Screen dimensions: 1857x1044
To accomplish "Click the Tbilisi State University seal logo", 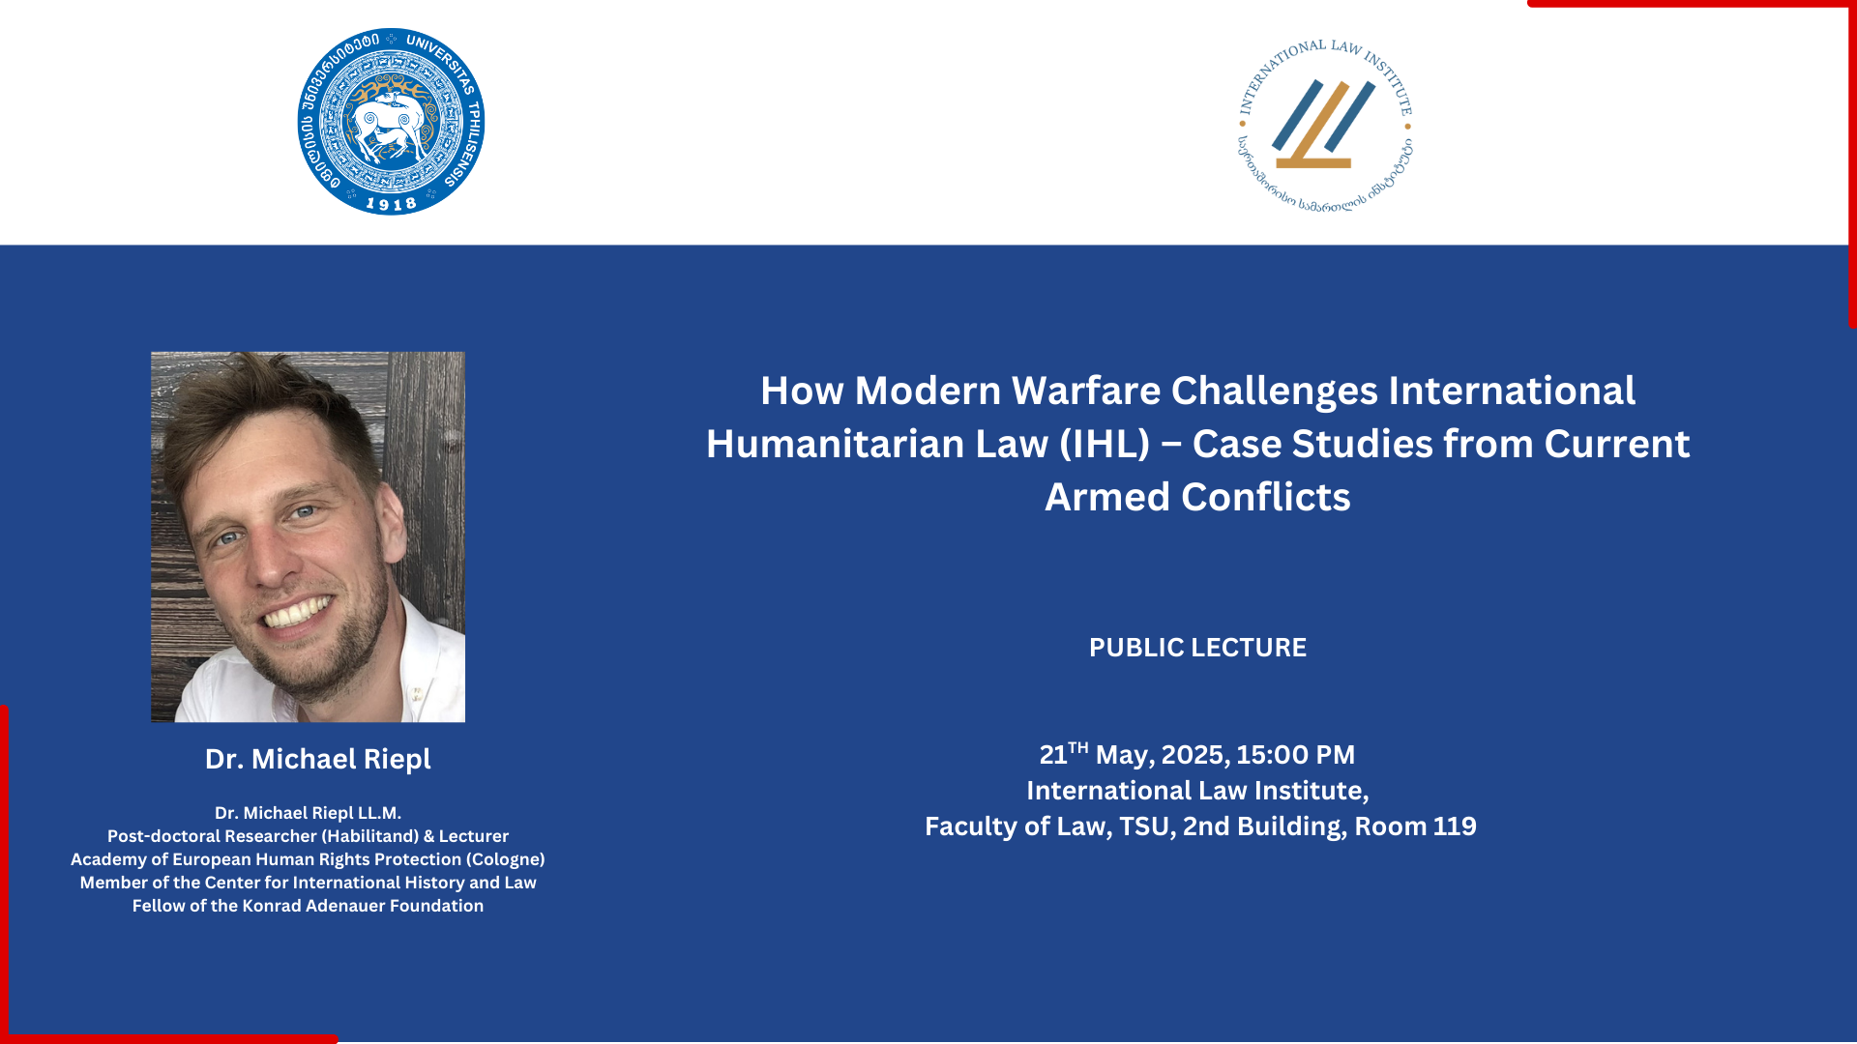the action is pos(391,122).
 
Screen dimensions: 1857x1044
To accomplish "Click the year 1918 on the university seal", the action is pos(391,204).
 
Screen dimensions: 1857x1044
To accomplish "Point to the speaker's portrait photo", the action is pos(308,536).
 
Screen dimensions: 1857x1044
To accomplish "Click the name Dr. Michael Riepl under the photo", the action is pos(318,760).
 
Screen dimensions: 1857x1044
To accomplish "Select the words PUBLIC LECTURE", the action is pos(1197,648).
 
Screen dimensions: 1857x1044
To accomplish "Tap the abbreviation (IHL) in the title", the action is pos(1105,445).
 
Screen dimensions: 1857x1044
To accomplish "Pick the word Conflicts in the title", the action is pos(1266,497).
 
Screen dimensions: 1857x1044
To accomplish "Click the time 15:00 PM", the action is pos(1296,755).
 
